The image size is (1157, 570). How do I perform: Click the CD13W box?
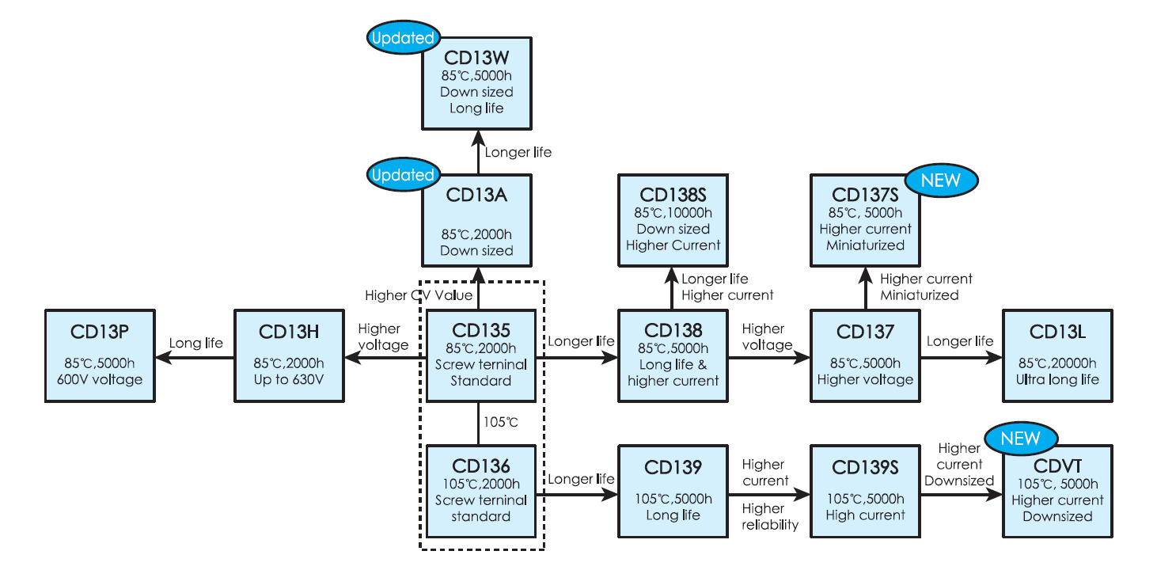476,82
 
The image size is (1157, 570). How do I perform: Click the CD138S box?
673,220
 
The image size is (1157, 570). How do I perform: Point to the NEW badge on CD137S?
939,180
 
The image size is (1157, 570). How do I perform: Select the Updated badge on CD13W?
402,37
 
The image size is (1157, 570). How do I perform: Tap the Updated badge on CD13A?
402,175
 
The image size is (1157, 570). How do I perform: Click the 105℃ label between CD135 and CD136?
500,422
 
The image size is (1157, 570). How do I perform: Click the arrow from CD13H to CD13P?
195,358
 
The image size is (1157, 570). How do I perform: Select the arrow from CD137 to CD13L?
962,358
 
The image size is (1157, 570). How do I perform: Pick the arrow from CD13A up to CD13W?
477,151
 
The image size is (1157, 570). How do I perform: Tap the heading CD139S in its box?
865,468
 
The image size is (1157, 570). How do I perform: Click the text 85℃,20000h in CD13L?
1056,364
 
